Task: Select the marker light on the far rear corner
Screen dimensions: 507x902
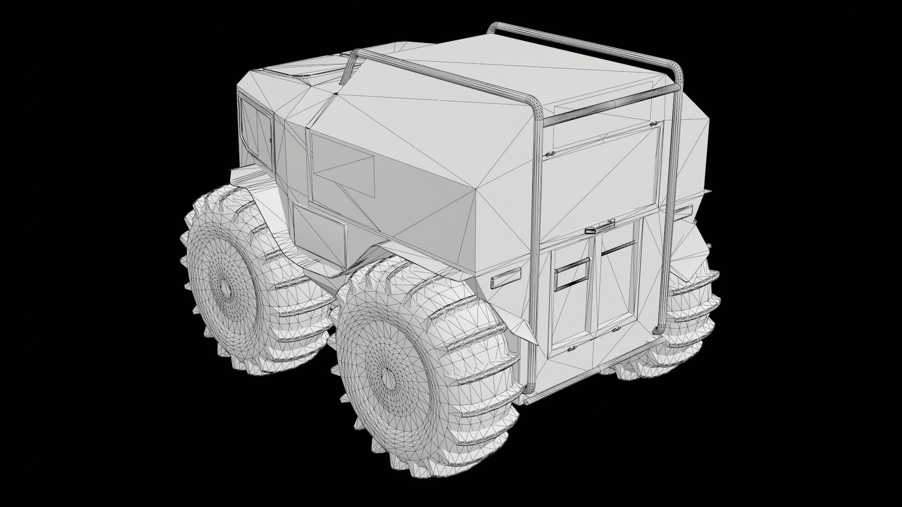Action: pos(684,210)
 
